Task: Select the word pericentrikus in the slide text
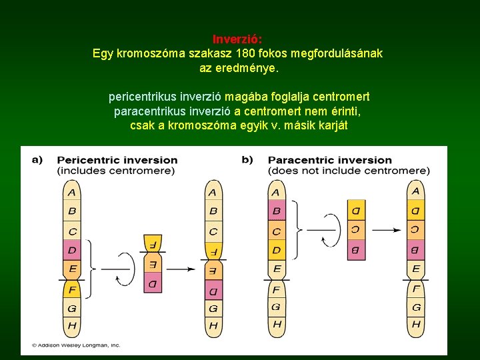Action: coord(142,97)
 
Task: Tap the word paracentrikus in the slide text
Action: coord(148,111)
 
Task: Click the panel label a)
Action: coord(37,160)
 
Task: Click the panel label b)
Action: coord(247,160)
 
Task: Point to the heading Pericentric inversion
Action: coord(117,160)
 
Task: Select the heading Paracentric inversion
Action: coord(329,160)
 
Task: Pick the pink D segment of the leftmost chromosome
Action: coord(72,251)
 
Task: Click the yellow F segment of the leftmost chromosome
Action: coord(72,290)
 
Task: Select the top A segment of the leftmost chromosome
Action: coord(72,193)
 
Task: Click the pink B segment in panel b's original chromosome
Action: coord(277,211)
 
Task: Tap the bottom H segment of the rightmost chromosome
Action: coord(416,325)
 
